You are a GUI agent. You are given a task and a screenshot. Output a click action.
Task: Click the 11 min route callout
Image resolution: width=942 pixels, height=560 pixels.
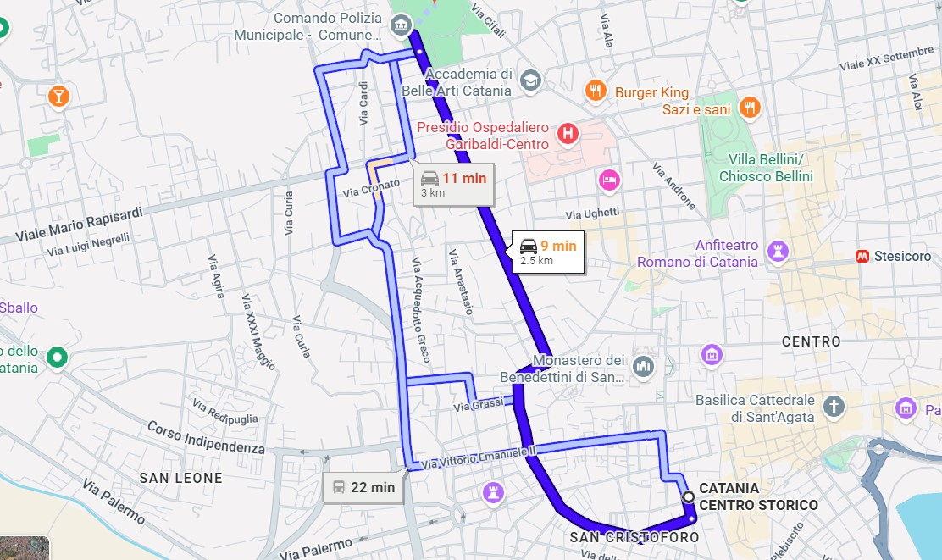pyautogui.click(x=454, y=184)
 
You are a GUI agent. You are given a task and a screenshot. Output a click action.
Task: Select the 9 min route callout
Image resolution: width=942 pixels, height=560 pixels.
pyautogui.click(x=547, y=252)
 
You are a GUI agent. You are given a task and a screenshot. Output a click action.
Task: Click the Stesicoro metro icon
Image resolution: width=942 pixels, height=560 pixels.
pyautogui.click(x=862, y=255)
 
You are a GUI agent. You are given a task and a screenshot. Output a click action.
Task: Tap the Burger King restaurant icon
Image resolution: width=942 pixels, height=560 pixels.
pyautogui.click(x=596, y=91)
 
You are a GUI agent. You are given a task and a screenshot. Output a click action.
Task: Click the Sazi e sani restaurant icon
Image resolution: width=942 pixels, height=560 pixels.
pyautogui.click(x=749, y=108)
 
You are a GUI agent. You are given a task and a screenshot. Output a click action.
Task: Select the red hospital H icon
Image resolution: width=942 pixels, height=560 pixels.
pyautogui.click(x=568, y=132)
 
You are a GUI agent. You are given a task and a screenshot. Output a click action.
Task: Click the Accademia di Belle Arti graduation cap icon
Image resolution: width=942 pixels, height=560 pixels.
pyautogui.click(x=530, y=80)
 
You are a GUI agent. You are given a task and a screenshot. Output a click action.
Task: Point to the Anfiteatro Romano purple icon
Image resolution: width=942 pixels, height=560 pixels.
pyautogui.click(x=777, y=251)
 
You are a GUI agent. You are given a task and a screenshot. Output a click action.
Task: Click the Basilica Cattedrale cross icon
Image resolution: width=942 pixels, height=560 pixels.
pyautogui.click(x=835, y=406)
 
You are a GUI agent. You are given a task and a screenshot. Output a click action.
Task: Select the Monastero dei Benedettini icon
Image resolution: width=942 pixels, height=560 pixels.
pyautogui.click(x=644, y=366)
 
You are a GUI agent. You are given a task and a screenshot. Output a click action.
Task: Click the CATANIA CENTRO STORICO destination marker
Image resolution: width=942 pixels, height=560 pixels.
pyautogui.click(x=688, y=496)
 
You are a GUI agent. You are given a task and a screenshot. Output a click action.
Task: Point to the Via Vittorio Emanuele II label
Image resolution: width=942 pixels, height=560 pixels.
pyautogui.click(x=478, y=457)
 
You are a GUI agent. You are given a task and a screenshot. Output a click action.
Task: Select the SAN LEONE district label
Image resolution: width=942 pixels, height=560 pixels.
pyautogui.click(x=180, y=479)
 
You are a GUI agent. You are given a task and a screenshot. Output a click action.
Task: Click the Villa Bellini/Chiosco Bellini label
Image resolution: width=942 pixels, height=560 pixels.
pyautogui.click(x=766, y=168)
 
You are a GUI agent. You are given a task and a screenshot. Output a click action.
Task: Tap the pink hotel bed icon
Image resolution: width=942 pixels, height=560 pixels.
pyautogui.click(x=609, y=180)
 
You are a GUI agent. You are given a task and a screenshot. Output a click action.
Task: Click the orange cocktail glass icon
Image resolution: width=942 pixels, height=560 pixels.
pyautogui.click(x=58, y=96)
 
